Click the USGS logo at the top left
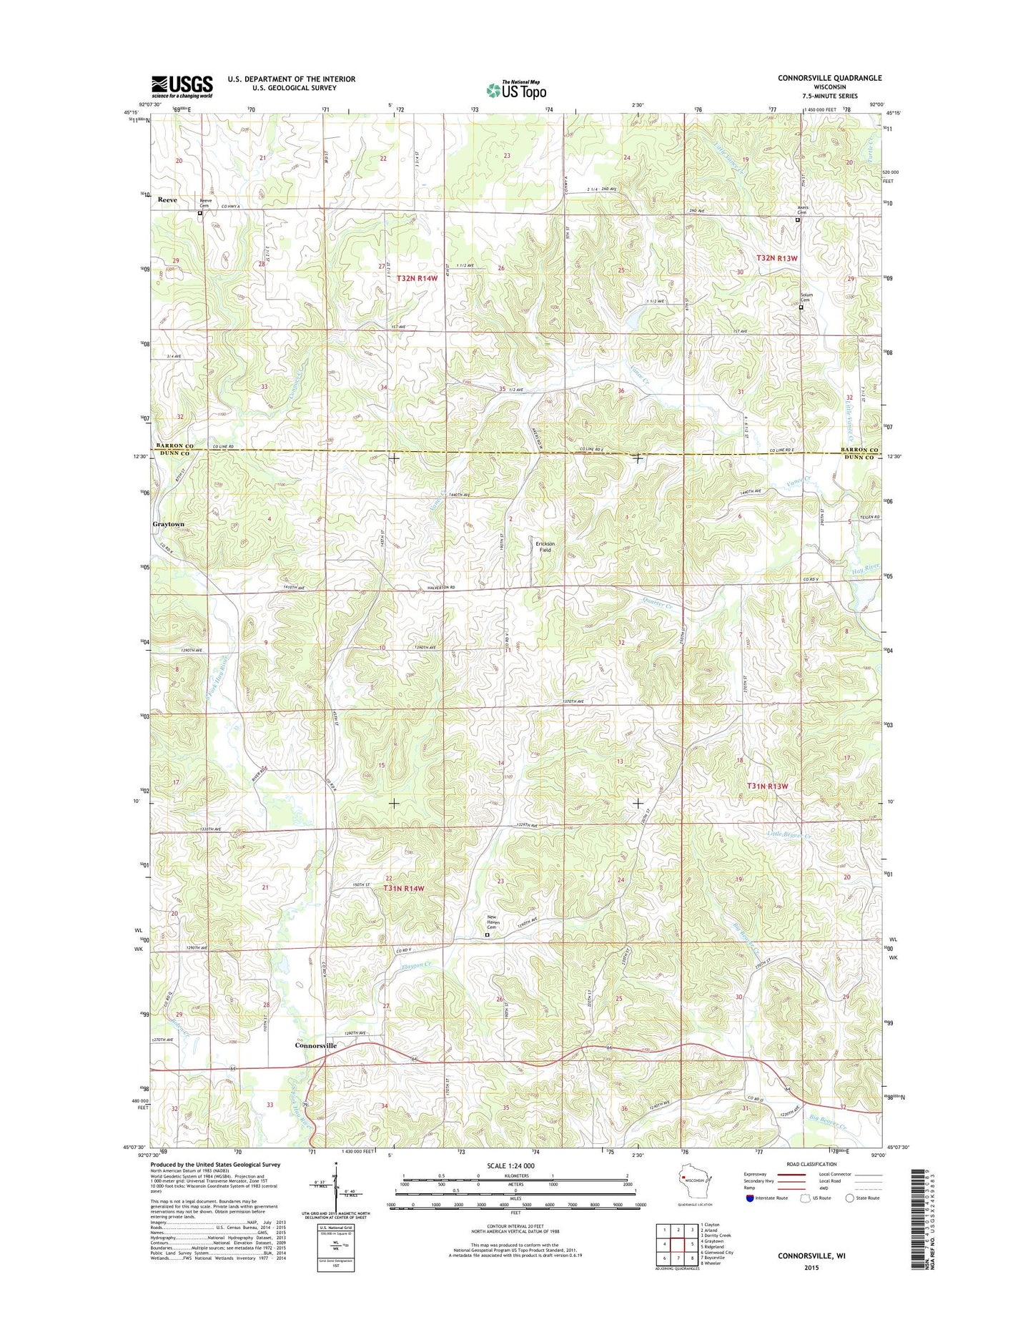point(182,86)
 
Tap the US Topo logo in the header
point(516,90)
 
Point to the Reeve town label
point(167,200)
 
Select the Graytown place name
point(169,524)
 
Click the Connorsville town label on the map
point(315,1045)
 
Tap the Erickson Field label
point(545,546)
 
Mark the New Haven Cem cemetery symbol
point(488,934)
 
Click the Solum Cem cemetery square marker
point(801,308)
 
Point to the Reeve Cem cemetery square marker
point(199,213)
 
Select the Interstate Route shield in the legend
point(750,1198)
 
